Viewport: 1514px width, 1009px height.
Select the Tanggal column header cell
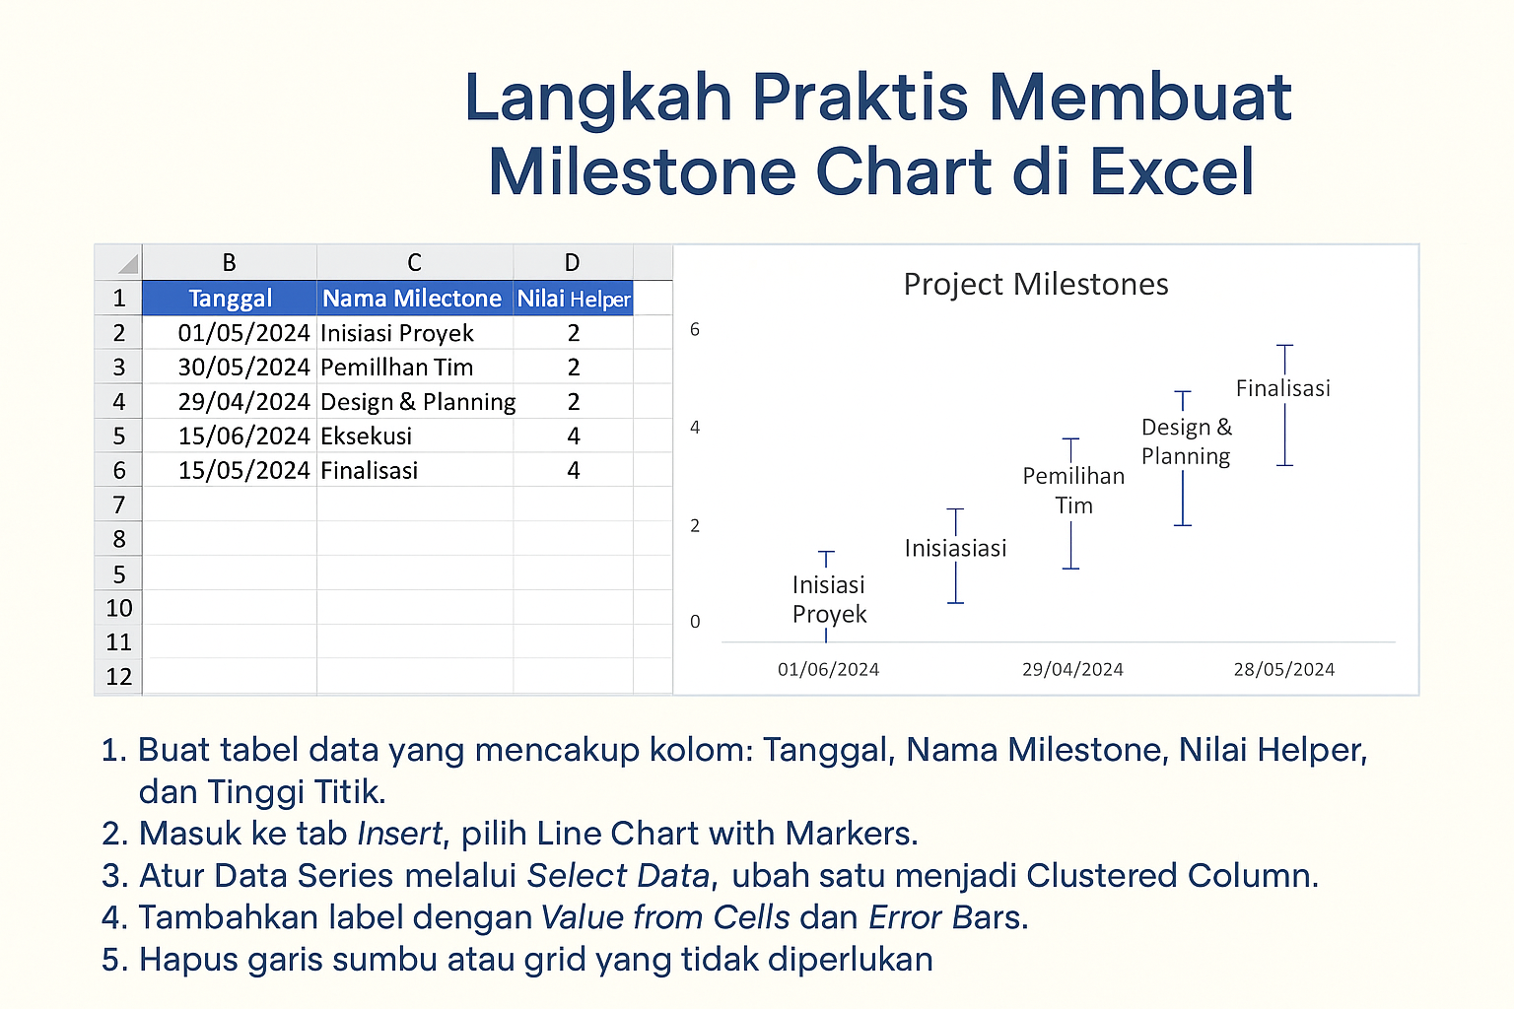230,299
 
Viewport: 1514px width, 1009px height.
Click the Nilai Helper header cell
573,299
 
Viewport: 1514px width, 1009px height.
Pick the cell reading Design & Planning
417,402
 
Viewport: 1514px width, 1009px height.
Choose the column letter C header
414,263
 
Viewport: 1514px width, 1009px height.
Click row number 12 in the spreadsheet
118,677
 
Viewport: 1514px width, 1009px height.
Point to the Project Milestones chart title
1035,285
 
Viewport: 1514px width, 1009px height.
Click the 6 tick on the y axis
695,330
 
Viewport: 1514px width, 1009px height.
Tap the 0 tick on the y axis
695,622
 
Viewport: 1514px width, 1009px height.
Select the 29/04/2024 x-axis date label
1072,670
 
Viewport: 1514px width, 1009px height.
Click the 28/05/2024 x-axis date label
1283,670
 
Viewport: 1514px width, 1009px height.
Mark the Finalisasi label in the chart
1282,389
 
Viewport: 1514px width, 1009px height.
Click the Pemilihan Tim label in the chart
1073,491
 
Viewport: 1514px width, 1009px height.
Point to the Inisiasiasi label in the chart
955,549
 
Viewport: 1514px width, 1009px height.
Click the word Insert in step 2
399,835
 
